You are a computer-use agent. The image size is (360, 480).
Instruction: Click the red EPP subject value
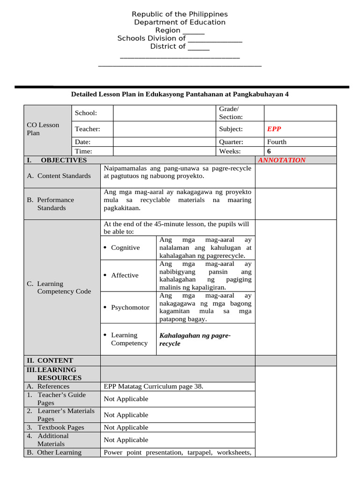tap(274, 129)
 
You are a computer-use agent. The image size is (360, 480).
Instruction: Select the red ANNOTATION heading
tap(282, 160)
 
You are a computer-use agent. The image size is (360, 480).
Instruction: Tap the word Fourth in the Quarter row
tap(277, 142)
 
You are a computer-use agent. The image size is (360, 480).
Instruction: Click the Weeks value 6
tap(269, 151)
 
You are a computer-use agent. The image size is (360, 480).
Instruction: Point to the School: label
tap(86, 113)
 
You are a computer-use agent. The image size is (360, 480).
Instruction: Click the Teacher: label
tap(88, 129)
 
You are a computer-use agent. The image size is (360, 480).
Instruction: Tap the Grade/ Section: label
tap(231, 113)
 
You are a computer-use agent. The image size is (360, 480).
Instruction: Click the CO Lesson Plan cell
tap(43, 129)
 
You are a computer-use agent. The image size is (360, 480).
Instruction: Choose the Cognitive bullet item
tap(125, 247)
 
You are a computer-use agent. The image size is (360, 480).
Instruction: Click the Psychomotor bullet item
tap(130, 307)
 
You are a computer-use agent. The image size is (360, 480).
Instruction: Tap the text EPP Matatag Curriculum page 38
tap(153, 386)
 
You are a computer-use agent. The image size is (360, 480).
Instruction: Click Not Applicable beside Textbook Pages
tap(126, 427)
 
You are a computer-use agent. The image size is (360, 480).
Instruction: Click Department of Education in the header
tap(180, 22)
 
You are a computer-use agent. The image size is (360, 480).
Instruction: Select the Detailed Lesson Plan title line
tap(180, 94)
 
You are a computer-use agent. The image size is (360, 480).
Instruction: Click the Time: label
tap(83, 151)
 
